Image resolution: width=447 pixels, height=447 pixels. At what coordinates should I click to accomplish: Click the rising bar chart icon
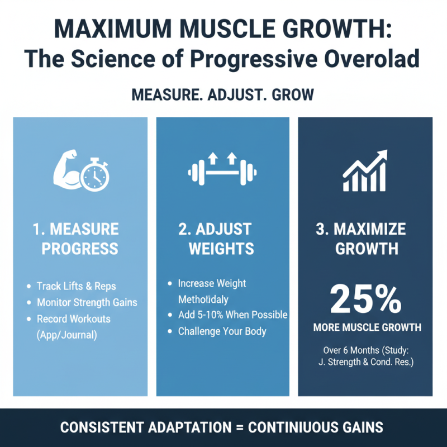(x=365, y=170)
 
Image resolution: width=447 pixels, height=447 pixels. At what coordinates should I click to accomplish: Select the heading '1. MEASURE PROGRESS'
(x=80, y=239)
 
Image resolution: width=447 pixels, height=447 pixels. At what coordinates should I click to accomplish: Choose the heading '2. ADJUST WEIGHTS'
(x=221, y=239)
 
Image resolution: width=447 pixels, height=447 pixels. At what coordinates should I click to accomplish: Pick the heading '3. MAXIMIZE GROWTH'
(x=367, y=239)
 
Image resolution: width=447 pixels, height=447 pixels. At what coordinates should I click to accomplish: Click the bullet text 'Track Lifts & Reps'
(x=76, y=286)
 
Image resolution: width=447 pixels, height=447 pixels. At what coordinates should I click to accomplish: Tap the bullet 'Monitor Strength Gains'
(x=87, y=302)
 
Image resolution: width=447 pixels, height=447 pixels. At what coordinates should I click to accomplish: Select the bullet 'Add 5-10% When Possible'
(x=232, y=315)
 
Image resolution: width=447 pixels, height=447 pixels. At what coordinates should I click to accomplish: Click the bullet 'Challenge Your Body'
(x=222, y=331)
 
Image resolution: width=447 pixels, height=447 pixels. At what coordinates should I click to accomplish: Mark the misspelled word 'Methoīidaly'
(x=203, y=299)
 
